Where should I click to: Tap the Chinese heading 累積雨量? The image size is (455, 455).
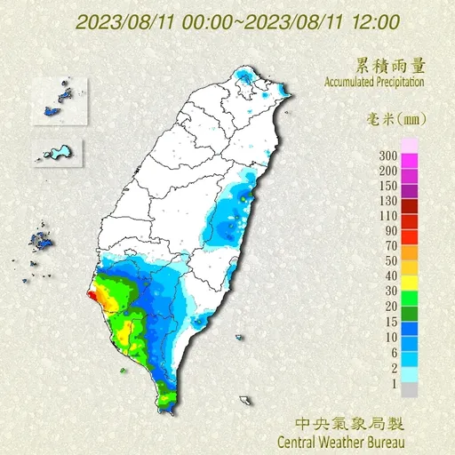[388, 65]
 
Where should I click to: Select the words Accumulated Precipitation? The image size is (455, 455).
[367, 82]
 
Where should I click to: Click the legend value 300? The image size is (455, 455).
[387, 156]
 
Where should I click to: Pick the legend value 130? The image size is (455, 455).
[387, 201]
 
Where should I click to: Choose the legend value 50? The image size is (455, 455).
[389, 261]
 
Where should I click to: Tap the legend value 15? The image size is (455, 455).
[389, 322]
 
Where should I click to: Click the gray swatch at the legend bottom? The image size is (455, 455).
[410, 389]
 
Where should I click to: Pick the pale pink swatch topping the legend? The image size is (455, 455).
[410, 146]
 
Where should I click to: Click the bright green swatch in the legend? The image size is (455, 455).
[410, 299]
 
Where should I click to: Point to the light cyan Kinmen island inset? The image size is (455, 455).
[59, 152]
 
